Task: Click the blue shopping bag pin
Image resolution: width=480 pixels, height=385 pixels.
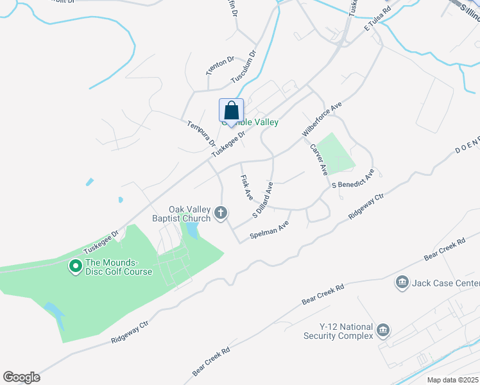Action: [x=231, y=111]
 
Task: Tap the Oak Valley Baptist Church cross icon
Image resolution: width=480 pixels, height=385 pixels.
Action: [x=221, y=213]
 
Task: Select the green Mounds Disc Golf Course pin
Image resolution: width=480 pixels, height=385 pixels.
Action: [x=75, y=265]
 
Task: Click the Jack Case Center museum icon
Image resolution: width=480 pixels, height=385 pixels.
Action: [x=402, y=283]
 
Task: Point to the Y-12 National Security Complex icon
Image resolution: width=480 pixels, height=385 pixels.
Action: [x=383, y=330]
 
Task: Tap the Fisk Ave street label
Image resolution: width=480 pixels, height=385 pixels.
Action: [x=246, y=187]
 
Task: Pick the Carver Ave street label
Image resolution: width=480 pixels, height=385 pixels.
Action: [x=319, y=160]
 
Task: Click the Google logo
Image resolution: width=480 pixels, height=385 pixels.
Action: [x=21, y=377]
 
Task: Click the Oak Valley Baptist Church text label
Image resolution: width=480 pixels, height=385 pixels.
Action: [x=190, y=214]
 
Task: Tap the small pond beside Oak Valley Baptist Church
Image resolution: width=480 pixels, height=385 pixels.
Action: [x=192, y=230]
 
